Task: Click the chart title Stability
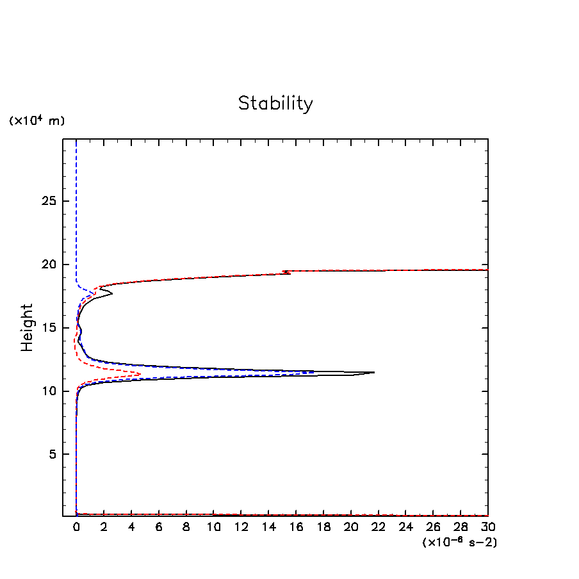(275, 103)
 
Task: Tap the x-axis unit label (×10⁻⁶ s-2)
(459, 542)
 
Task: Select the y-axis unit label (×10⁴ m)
(37, 120)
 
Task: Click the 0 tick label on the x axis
(76, 527)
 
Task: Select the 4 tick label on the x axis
(131, 527)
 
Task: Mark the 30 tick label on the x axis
(488, 527)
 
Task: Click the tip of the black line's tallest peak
(374, 372)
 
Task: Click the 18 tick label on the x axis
(323, 527)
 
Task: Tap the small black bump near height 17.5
(113, 294)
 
